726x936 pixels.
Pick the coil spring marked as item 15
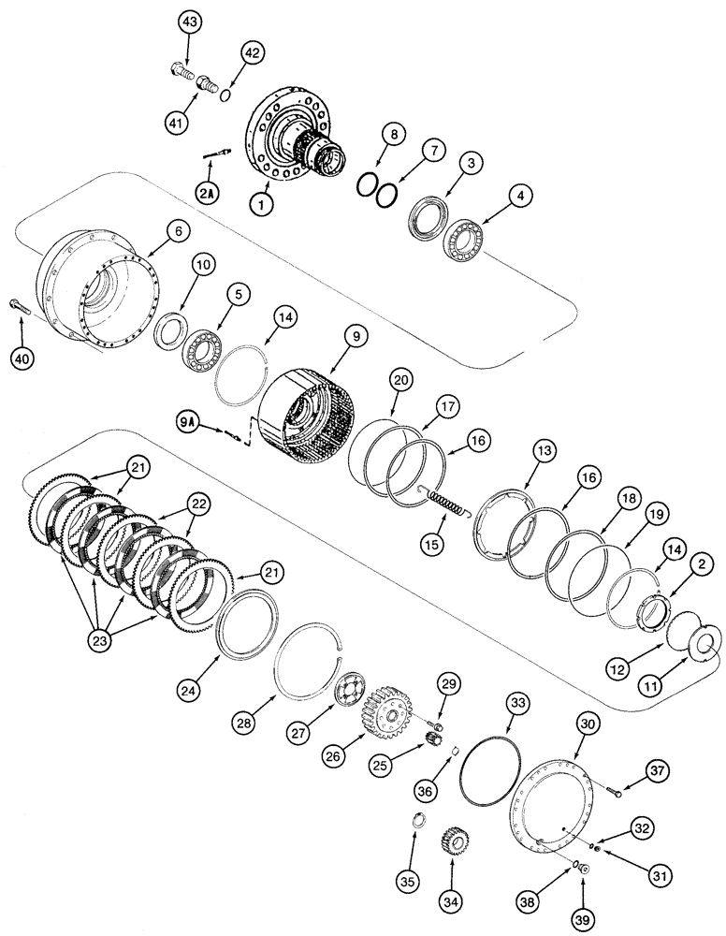coord(450,504)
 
